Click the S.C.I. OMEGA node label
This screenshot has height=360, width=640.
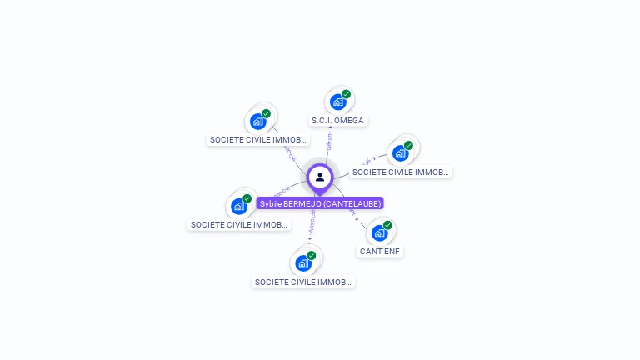click(x=337, y=121)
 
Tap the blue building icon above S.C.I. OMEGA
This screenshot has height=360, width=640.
click(x=337, y=102)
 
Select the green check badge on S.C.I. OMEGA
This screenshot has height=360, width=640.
click(x=346, y=94)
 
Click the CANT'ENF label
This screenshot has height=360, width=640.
click(x=381, y=251)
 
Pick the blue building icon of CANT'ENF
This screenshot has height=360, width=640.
click(x=380, y=232)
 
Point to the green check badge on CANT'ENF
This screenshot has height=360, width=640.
click(x=387, y=225)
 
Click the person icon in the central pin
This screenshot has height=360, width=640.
click(x=320, y=177)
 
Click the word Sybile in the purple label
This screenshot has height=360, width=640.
click(x=271, y=203)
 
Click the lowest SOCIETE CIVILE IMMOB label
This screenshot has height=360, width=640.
click(x=303, y=282)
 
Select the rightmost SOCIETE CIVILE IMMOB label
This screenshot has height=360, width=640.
click(x=400, y=172)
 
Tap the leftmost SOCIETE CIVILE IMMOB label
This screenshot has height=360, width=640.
click(x=239, y=225)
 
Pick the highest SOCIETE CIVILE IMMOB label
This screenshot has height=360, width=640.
click(x=258, y=140)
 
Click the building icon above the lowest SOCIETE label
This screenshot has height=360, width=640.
click(x=303, y=263)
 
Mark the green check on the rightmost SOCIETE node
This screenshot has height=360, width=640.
click(x=408, y=145)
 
